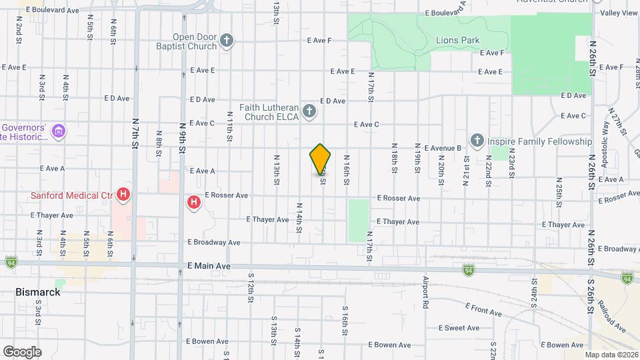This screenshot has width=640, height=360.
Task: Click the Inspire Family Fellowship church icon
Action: [x=477, y=141]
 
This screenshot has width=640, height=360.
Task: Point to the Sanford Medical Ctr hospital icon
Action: [x=123, y=195]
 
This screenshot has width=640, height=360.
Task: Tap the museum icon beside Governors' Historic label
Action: [x=59, y=131]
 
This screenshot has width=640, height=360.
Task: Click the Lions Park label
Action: [x=457, y=41]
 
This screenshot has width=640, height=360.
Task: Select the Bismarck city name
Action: [x=38, y=292]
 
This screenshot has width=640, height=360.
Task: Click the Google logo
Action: [x=22, y=351]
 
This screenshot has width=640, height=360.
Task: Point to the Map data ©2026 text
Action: [x=611, y=355]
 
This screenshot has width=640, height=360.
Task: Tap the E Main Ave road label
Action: [x=209, y=265]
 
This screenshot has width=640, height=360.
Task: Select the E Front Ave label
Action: [x=483, y=308]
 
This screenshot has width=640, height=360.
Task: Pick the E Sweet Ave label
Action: [x=460, y=328]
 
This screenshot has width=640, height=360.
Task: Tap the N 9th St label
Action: [x=181, y=137]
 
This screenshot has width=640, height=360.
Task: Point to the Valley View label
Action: [x=619, y=13]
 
